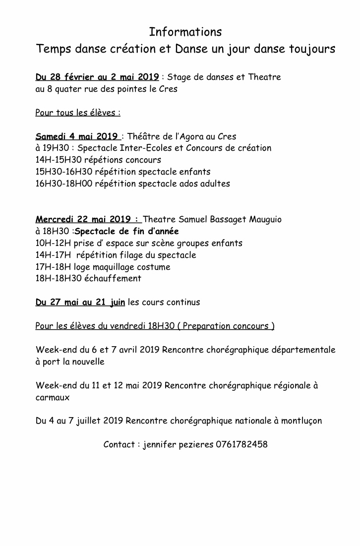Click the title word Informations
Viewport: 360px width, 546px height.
point(185,32)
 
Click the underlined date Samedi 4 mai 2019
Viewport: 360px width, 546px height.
point(77,136)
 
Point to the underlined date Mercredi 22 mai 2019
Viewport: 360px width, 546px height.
point(87,219)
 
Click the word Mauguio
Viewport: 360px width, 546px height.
point(265,219)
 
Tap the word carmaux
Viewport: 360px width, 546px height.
point(53,397)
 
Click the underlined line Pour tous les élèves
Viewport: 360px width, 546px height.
point(78,113)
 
